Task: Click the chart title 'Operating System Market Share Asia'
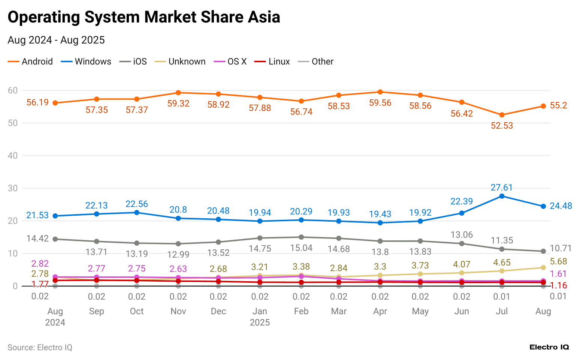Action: click(x=144, y=17)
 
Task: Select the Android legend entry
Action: click(x=30, y=61)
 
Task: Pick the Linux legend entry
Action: click(x=272, y=61)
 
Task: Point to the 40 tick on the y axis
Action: click(x=13, y=156)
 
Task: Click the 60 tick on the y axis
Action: click(x=13, y=90)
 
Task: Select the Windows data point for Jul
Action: click(x=502, y=196)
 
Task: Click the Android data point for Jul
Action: click(x=502, y=115)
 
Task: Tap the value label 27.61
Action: click(x=502, y=187)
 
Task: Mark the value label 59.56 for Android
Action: click(x=380, y=103)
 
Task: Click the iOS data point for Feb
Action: click(x=301, y=237)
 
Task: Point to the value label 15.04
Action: click(x=301, y=248)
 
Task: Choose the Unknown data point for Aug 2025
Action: click(x=543, y=267)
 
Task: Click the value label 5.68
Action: click(x=558, y=261)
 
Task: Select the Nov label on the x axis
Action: click(x=178, y=311)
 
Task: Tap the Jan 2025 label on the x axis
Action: click(x=260, y=316)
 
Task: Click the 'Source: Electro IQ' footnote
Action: click(x=40, y=348)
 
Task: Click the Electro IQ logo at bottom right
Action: click(x=549, y=347)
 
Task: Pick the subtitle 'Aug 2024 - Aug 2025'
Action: click(x=56, y=40)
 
